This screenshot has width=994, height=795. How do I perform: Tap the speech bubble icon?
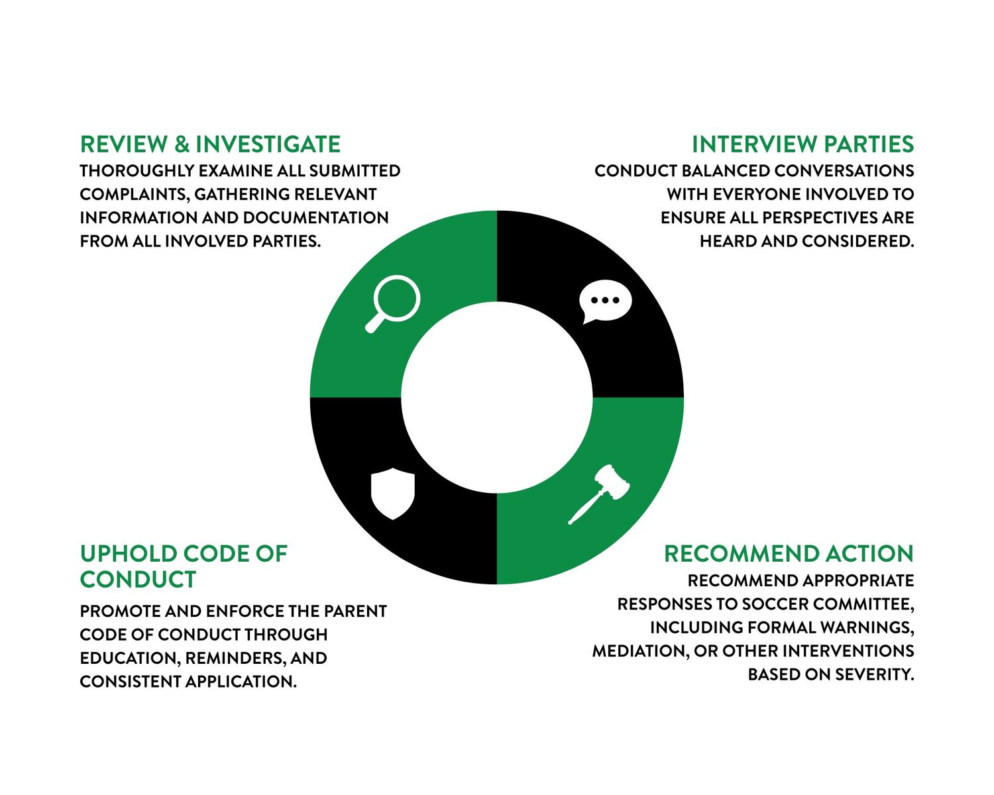[605, 301]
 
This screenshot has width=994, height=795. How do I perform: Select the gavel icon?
[598, 494]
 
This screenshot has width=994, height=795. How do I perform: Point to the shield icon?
[392, 494]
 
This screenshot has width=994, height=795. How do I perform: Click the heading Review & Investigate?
[210, 144]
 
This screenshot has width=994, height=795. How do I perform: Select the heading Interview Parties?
[802, 144]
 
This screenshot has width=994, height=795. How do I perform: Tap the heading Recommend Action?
[789, 553]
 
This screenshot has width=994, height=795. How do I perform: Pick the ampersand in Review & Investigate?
[182, 144]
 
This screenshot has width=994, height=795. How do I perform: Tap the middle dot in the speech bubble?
[605, 300]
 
